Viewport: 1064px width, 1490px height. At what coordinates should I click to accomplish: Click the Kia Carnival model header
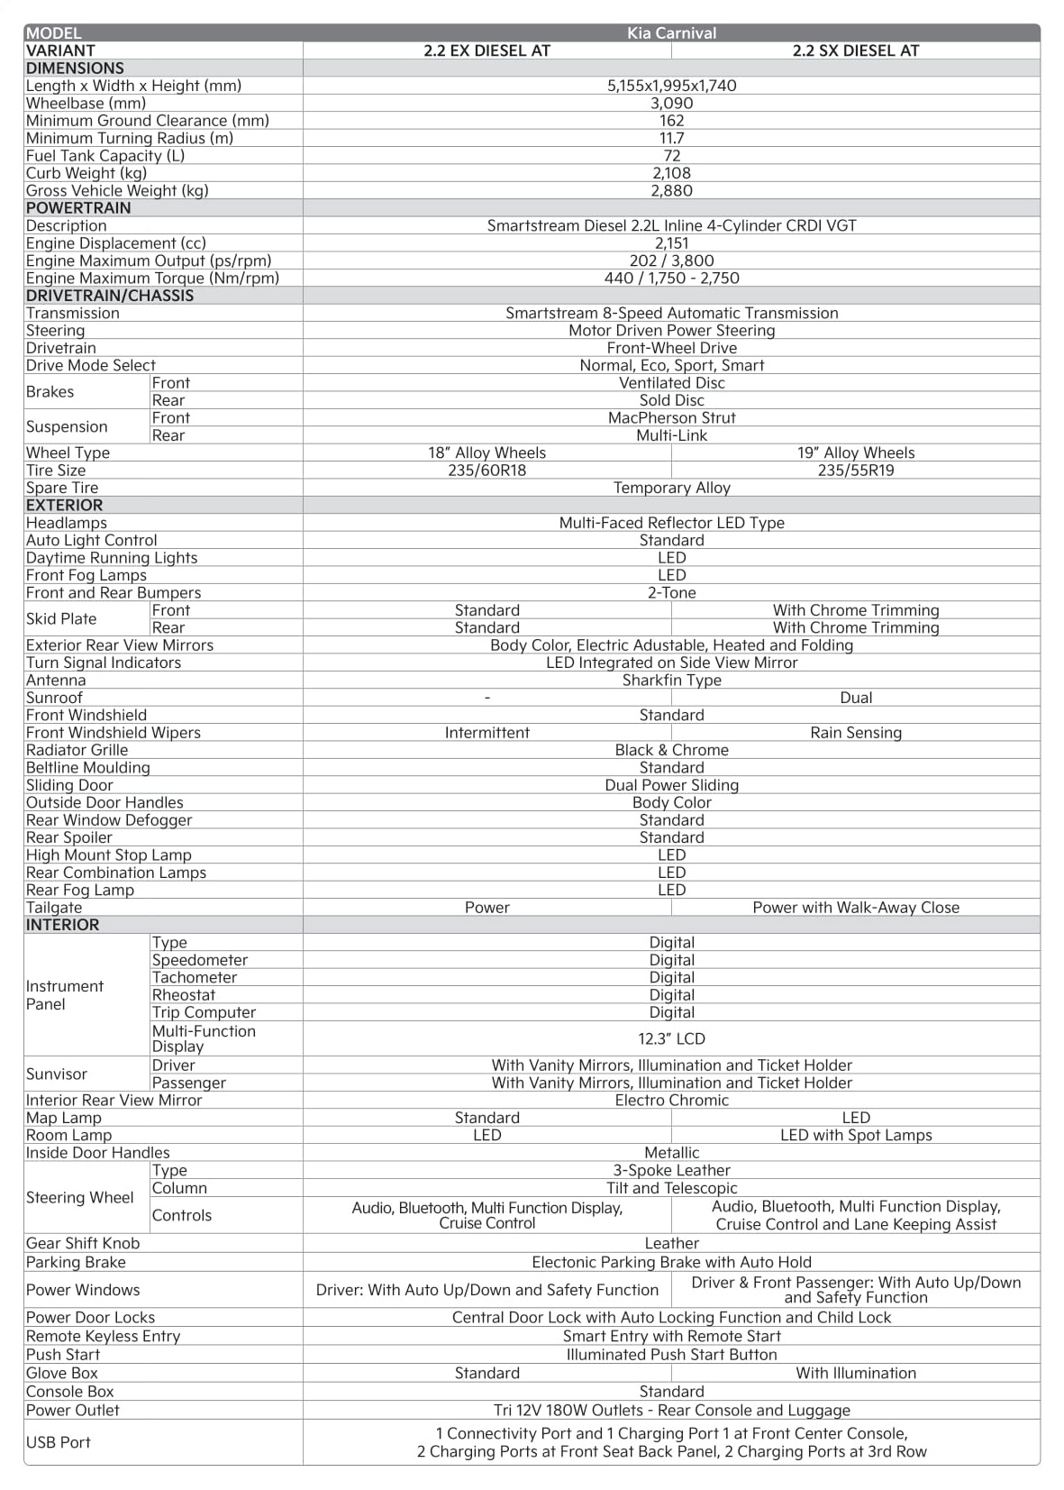pyautogui.click(x=671, y=33)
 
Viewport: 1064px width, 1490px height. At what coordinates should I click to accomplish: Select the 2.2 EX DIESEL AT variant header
pyautogui.click(x=487, y=50)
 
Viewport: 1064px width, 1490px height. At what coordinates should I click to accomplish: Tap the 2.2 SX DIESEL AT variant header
pyautogui.click(x=855, y=50)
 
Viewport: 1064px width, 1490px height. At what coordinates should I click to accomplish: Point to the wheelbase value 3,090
pyautogui.click(x=671, y=103)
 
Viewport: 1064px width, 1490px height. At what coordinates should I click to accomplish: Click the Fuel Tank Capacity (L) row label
pyautogui.click(x=105, y=155)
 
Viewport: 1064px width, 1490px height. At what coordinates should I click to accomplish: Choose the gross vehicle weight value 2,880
pyautogui.click(x=671, y=190)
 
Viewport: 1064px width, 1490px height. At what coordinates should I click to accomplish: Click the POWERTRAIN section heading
pyautogui.click(x=78, y=207)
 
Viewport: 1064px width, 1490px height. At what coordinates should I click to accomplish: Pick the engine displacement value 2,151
pyautogui.click(x=671, y=242)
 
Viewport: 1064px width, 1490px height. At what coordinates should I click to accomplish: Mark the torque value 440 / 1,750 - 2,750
pyautogui.click(x=671, y=278)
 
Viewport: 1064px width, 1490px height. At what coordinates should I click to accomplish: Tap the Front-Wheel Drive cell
pyautogui.click(x=671, y=348)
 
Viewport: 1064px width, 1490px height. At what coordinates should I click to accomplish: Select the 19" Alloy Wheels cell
pyautogui.click(x=855, y=452)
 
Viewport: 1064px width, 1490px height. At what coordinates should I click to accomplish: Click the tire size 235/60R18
pyautogui.click(x=487, y=470)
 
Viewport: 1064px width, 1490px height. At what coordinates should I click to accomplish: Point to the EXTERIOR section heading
pyautogui.click(x=65, y=505)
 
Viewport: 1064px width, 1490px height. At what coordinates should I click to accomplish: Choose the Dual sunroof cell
pyautogui.click(x=855, y=698)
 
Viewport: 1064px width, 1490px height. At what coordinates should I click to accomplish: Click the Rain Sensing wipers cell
pyautogui.click(x=855, y=732)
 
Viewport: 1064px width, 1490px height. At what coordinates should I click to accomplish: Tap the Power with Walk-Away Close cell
pyautogui.click(x=855, y=907)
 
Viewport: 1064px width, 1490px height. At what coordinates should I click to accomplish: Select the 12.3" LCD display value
pyautogui.click(x=671, y=1038)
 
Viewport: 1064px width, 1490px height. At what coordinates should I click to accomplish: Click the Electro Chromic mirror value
pyautogui.click(x=671, y=1100)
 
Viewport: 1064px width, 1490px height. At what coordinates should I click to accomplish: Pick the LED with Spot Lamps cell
pyautogui.click(x=855, y=1135)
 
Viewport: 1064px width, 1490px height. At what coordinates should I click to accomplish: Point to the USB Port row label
pyautogui.click(x=59, y=1442)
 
